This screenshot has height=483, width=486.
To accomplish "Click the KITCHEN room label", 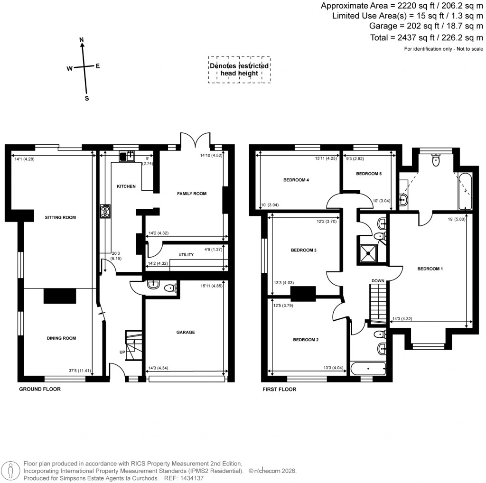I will [126, 186].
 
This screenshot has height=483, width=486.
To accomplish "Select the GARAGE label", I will [186, 333].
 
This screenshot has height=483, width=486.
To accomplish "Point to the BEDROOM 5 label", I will [369, 174].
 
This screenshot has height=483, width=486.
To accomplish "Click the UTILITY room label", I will [186, 255].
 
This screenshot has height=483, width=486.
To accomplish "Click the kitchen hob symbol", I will [105, 211].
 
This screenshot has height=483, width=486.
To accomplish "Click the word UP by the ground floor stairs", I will [122, 352].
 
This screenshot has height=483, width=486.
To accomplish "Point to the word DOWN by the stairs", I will [378, 281].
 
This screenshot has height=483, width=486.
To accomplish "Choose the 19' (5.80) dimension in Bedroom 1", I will [456, 219].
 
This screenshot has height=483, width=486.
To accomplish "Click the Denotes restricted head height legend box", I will [239, 70].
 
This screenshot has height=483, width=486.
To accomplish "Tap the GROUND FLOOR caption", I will [40, 389].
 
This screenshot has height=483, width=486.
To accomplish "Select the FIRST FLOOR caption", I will [280, 389].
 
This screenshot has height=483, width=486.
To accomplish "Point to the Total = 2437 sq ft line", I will [426, 37].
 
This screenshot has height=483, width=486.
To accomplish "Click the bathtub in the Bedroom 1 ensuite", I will [465, 192].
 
